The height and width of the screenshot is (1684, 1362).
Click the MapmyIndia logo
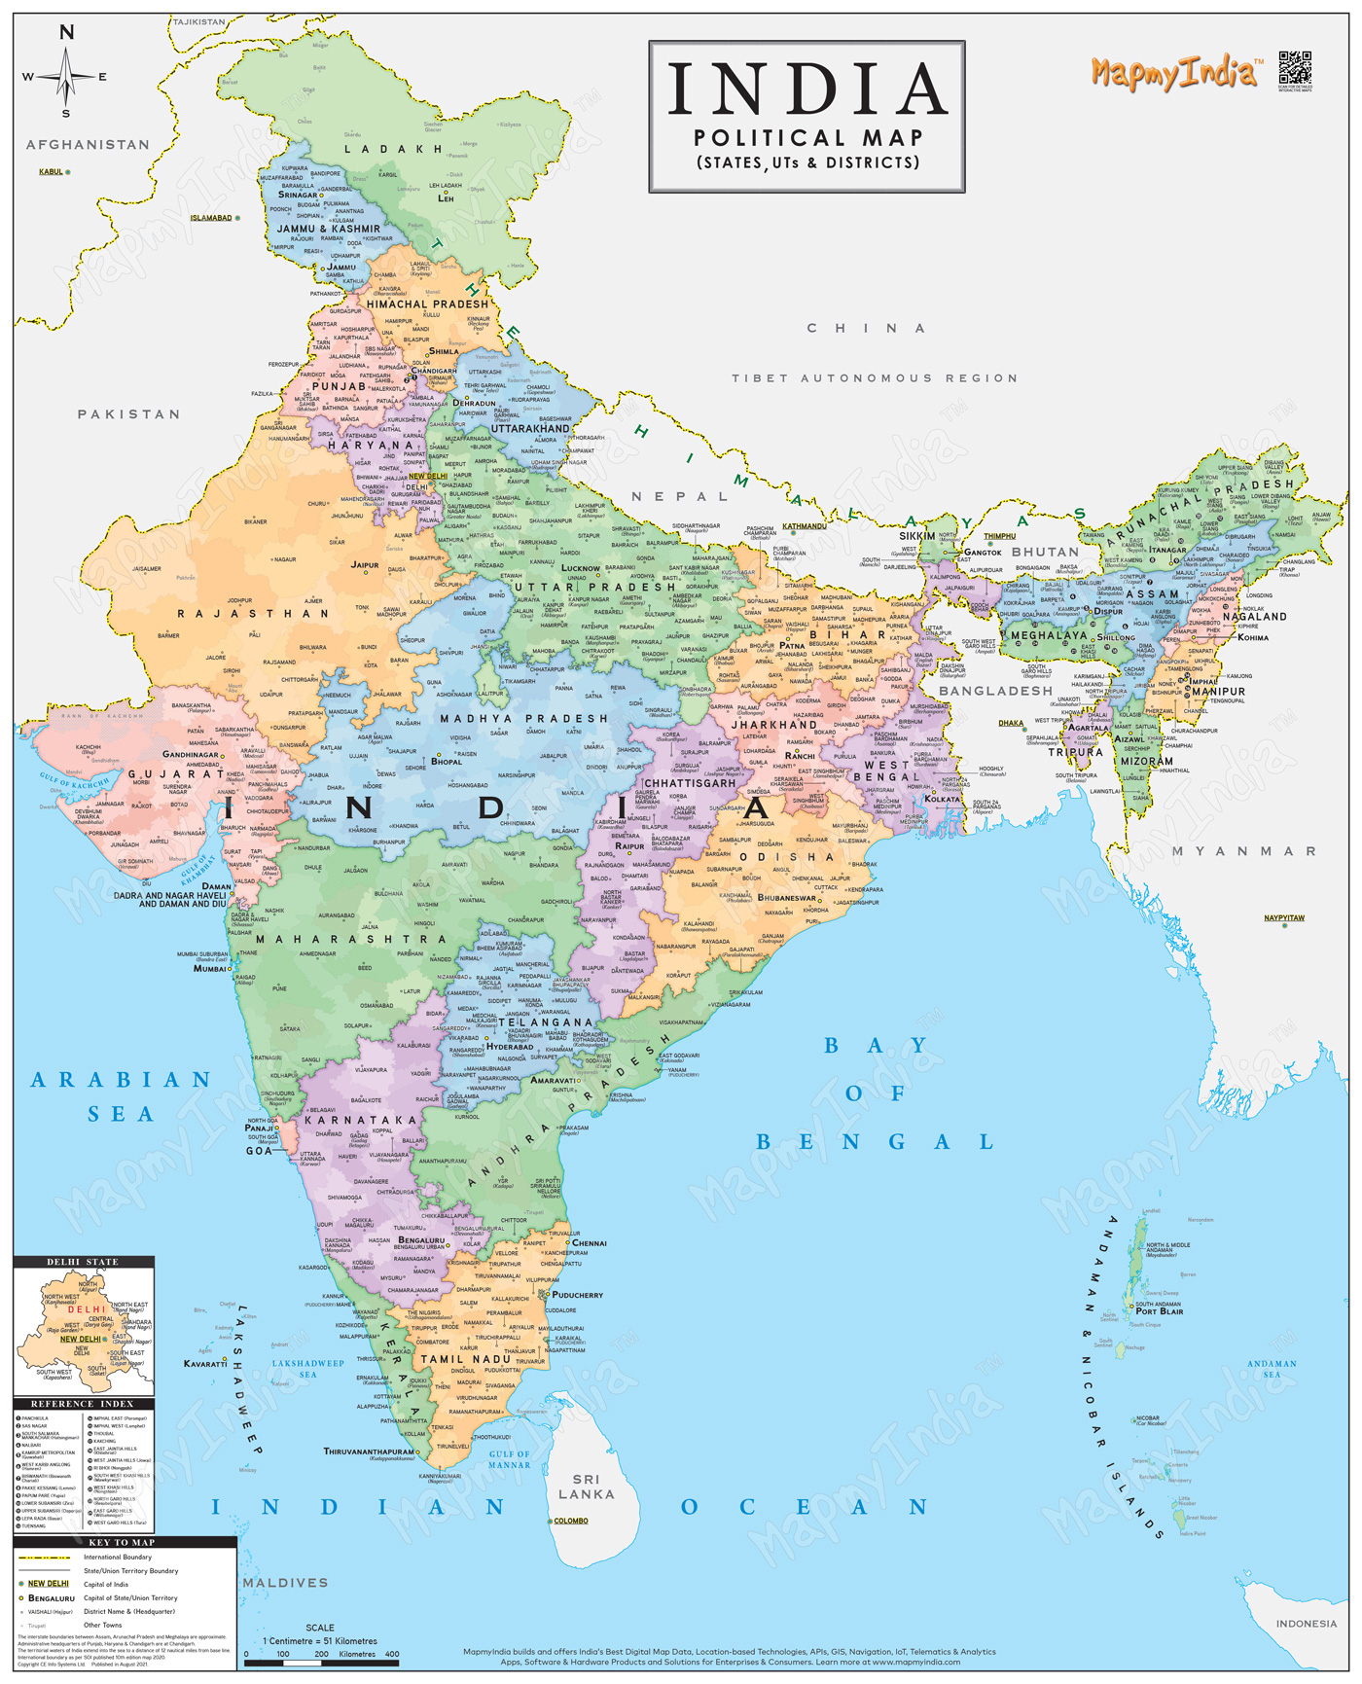pos(1175,73)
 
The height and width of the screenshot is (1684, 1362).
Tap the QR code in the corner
pos(1295,68)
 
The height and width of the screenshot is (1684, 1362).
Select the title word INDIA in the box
pos(806,90)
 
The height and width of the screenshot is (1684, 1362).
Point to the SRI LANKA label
pos(587,1487)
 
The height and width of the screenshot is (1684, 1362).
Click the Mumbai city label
pos(209,968)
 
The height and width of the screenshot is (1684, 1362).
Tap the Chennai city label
pos(590,1242)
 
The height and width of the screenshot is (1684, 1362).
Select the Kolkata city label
pos(942,799)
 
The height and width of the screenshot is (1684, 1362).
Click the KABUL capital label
pos(51,172)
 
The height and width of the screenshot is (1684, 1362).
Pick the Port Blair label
pos(1160,1311)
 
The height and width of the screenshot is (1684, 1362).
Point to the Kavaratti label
pos(204,1363)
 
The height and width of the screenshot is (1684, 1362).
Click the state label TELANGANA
pos(545,1022)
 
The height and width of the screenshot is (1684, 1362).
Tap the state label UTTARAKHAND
pos(530,428)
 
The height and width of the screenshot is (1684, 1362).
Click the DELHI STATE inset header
pos(84,1262)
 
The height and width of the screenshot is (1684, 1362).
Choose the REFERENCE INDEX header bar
pos(84,1404)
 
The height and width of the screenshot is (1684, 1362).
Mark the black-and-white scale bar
pos(321,1664)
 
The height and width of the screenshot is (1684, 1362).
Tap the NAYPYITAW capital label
pos(1284,917)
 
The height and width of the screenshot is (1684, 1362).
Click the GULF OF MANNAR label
pos(510,1459)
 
